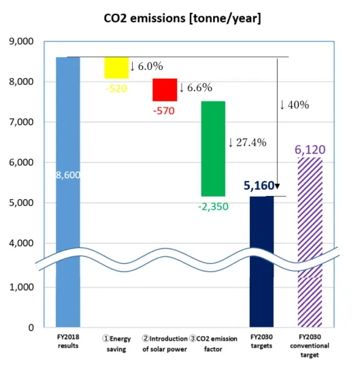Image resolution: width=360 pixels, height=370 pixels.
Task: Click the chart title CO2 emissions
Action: (180, 17)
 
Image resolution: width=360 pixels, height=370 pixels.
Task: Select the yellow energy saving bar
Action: (116, 67)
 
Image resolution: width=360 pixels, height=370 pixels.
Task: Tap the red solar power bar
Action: (165, 89)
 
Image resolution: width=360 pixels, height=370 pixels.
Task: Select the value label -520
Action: (116, 88)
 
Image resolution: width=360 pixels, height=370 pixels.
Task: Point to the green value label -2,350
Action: (213, 207)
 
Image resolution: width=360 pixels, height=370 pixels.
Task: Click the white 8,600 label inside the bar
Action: (67, 175)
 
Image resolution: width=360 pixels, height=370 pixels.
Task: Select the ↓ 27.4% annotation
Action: (247, 142)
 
